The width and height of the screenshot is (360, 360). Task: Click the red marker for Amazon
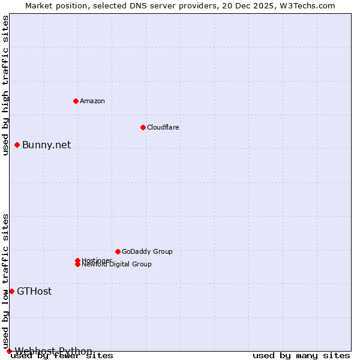[76, 101]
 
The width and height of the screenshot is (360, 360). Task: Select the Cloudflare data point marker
[143, 127]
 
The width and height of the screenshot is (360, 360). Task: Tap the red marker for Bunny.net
[17, 145]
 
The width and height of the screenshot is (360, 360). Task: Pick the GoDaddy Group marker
[118, 251]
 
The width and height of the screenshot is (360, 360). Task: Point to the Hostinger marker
[77, 260]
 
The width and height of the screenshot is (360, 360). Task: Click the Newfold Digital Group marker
[77, 265]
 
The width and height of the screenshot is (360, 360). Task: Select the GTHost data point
[11, 291]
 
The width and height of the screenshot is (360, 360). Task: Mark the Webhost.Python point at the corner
[9, 351]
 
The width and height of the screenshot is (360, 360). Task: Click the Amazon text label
[92, 101]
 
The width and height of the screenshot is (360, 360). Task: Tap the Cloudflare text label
[163, 127]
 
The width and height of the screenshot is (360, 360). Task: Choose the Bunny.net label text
[46, 145]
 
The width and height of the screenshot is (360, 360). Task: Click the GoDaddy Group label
[147, 251]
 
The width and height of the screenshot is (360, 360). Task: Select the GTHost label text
[34, 292]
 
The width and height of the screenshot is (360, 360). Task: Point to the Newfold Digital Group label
[117, 265]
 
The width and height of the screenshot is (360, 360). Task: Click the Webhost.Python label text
[53, 351]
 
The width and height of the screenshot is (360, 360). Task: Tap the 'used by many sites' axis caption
[301, 356]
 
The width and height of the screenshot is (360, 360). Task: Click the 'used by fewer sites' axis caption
[62, 356]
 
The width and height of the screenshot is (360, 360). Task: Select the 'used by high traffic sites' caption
[5, 85]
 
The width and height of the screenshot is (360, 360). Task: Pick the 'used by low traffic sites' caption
[5, 281]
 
